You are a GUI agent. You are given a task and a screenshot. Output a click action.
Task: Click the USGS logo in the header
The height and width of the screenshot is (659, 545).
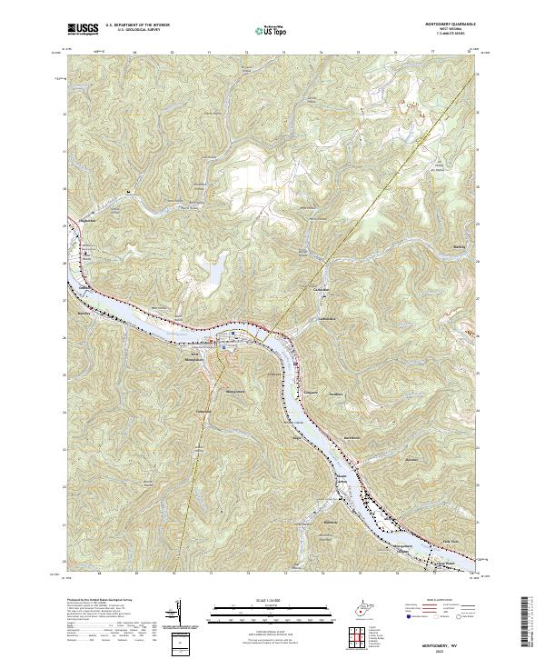click(84, 29)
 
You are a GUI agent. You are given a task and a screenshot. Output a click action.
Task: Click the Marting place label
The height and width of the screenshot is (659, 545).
click(457, 246)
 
